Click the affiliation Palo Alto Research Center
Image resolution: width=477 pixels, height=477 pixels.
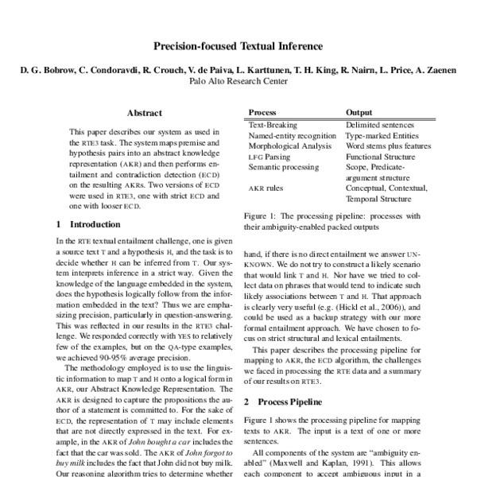coord(238,81)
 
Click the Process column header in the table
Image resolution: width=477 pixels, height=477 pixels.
coord(262,113)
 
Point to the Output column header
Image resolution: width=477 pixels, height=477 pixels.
coord(359,113)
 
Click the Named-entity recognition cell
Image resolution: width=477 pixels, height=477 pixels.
coord(292,136)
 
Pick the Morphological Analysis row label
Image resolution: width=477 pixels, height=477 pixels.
coord(289,147)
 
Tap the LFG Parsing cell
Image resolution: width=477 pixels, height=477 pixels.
coord(269,157)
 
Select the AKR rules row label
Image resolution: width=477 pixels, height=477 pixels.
coord(266,189)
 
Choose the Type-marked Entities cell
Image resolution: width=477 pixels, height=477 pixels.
coord(383,136)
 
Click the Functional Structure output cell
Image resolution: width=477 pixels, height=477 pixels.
coord(382,157)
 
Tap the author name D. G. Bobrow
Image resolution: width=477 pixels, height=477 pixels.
coord(47,70)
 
